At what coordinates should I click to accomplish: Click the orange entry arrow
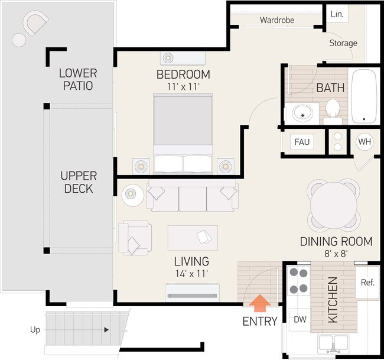click(260, 304)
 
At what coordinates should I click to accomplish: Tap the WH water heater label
click(365, 142)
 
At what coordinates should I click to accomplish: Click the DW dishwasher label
click(300, 319)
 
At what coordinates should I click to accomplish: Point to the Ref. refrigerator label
click(367, 282)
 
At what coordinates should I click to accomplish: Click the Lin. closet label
click(337, 14)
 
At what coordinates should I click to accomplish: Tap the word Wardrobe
click(276, 20)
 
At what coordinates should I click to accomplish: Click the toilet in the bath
click(332, 111)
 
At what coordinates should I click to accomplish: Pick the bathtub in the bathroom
click(364, 96)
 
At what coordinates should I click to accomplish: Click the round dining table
click(334, 203)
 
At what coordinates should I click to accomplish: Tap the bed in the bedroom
click(183, 133)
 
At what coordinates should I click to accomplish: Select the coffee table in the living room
click(193, 237)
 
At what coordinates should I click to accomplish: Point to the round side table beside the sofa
click(132, 195)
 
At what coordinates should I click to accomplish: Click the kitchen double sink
click(333, 343)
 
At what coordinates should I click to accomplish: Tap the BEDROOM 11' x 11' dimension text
click(183, 86)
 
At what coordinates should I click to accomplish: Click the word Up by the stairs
click(35, 330)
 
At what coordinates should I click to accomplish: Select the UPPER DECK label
click(79, 182)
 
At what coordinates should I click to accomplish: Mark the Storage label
click(343, 43)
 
